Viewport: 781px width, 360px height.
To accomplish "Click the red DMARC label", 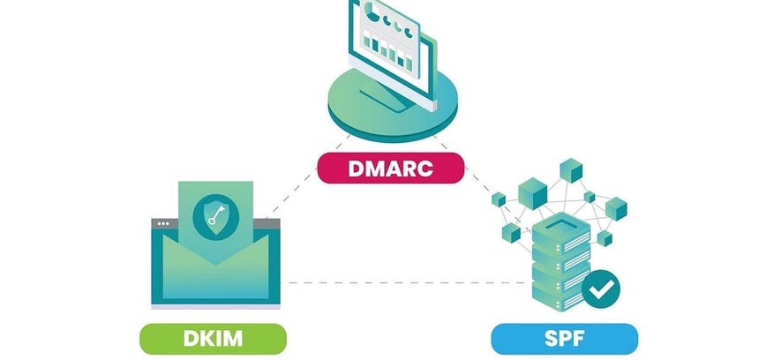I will click(x=391, y=168).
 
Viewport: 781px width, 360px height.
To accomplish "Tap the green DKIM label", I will click(x=213, y=339).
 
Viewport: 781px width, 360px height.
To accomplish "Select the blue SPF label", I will click(x=564, y=339).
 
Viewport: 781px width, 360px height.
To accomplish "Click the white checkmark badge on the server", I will click(x=600, y=289).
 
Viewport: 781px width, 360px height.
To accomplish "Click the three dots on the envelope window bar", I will click(x=163, y=223).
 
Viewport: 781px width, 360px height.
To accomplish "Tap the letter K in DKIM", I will click(x=202, y=339).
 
